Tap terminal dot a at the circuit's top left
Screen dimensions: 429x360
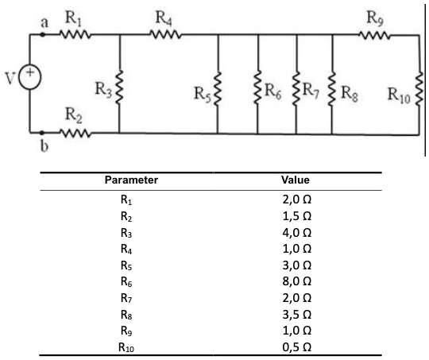click(42, 34)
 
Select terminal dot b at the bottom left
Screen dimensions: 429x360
click(41, 133)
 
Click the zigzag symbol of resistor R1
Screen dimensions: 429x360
click(75, 35)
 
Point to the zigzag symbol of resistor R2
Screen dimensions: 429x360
click(75, 133)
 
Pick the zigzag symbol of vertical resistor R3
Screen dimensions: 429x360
click(119, 87)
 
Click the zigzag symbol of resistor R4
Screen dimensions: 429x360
click(165, 35)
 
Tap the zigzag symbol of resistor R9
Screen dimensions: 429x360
click(374, 35)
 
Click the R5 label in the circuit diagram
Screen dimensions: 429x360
click(203, 94)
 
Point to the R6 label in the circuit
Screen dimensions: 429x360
click(273, 91)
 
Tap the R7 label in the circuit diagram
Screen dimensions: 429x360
click(311, 90)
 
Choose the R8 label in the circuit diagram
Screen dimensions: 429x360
click(350, 93)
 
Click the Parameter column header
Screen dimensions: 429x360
click(131, 180)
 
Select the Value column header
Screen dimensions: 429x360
click(296, 180)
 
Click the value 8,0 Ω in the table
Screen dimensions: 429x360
click(297, 281)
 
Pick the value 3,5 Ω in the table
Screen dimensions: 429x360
click(297, 315)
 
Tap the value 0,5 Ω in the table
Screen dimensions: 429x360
click(297, 347)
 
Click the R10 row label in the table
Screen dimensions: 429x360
click(126, 347)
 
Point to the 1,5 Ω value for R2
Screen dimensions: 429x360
click(297, 216)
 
